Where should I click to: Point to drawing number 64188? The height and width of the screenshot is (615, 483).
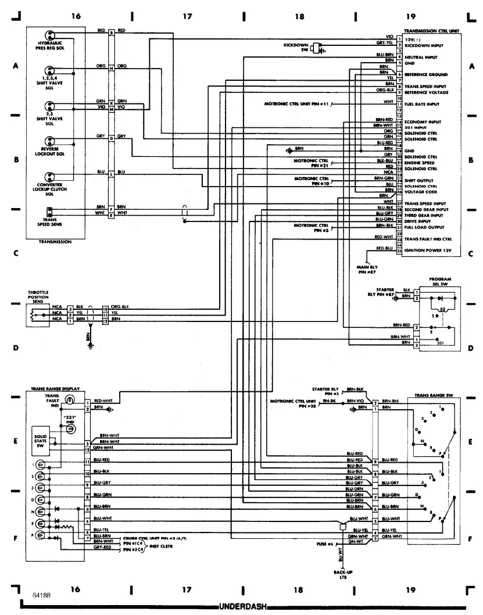pyautogui.click(x=34, y=596)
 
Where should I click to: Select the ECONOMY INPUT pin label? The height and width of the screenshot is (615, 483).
pyautogui.click(x=423, y=122)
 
